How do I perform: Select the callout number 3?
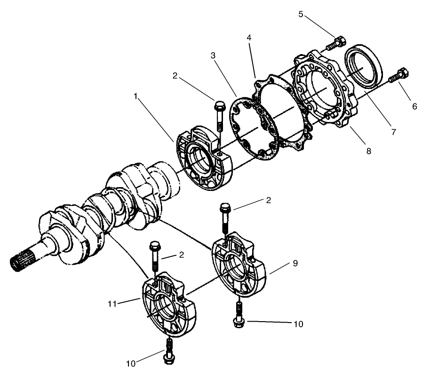click(x=213, y=56)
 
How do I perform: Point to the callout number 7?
click(x=393, y=132)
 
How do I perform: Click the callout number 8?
click(x=368, y=151)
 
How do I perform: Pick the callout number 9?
click(x=295, y=264)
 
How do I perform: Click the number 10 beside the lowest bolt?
click(x=131, y=363)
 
